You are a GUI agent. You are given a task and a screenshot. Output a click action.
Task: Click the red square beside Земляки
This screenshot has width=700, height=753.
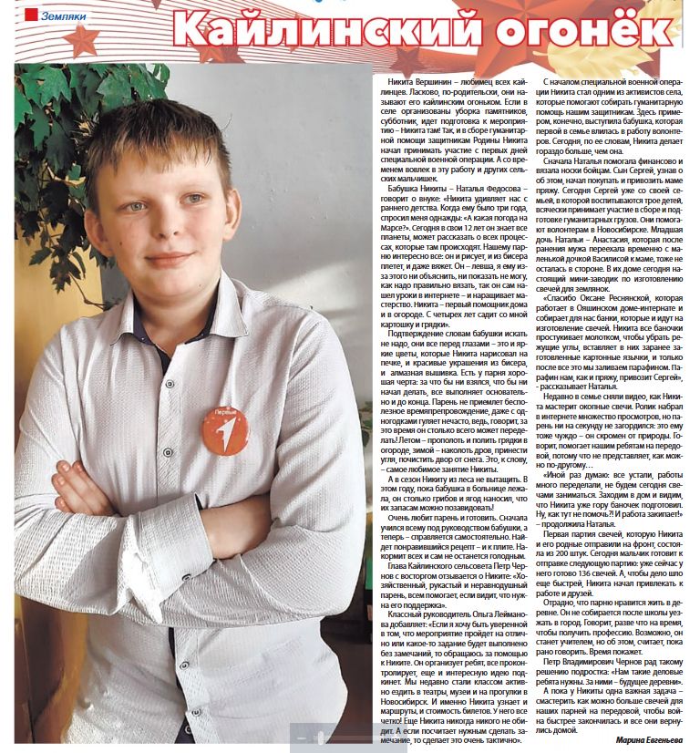[x=30, y=16]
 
